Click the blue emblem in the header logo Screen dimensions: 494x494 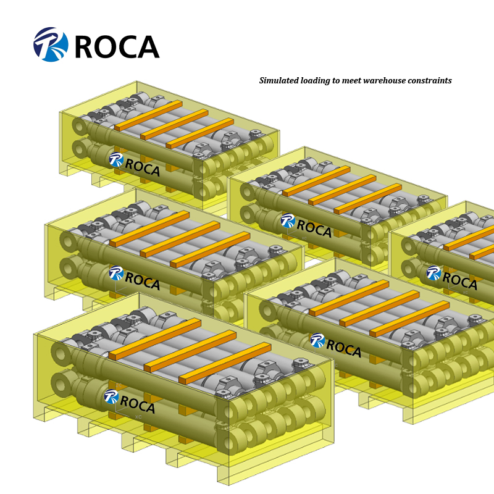click(51, 44)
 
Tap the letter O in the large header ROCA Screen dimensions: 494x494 click(106, 46)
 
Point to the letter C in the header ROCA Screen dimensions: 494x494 click(127, 46)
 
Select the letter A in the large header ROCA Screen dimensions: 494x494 click(148, 46)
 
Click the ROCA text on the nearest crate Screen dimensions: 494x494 click(137, 404)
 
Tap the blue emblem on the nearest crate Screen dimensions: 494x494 click(111, 396)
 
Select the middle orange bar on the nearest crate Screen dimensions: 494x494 click(190, 351)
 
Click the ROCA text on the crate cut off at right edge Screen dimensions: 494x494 click(459, 280)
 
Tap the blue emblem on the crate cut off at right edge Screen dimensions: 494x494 click(433, 273)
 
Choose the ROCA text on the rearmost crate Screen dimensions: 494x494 click(143, 167)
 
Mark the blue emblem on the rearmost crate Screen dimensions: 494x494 click(116, 159)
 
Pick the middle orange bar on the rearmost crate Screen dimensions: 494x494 click(174, 125)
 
